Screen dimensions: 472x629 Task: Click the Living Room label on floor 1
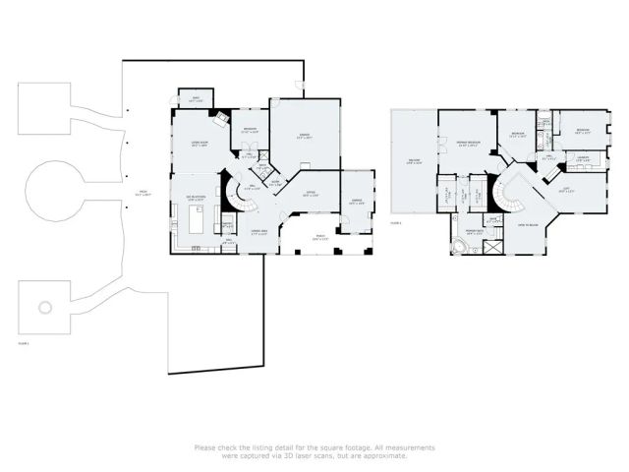[198, 145]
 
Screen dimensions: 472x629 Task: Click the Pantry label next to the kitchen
[226, 224]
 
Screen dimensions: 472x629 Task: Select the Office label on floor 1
[310, 194]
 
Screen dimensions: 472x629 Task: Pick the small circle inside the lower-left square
[45, 307]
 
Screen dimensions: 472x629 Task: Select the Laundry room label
[582, 157]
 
